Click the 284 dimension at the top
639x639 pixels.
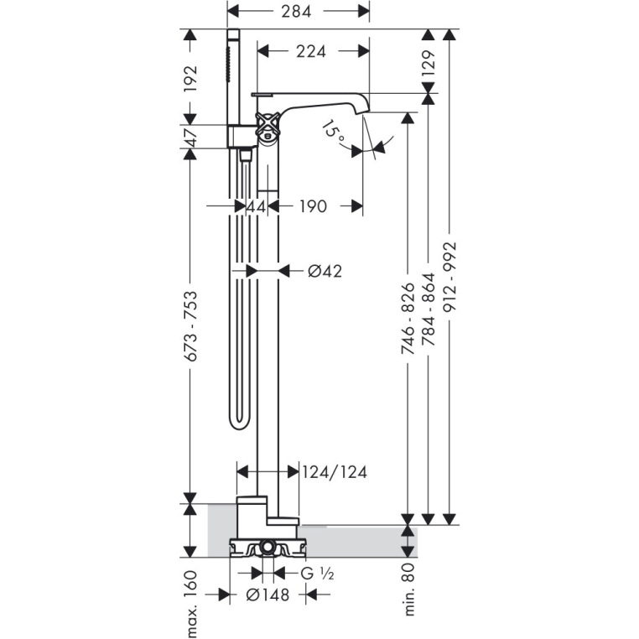pyautogui.click(x=296, y=11)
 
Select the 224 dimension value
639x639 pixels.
pyautogui.click(x=311, y=51)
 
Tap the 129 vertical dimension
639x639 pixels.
pyautogui.click(x=428, y=63)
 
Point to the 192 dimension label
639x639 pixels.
pyautogui.click(x=190, y=79)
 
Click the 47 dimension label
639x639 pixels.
pyautogui.click(x=190, y=137)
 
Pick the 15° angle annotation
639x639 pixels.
pyautogui.click(x=334, y=131)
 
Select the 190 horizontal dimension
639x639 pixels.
pyautogui.click(x=313, y=206)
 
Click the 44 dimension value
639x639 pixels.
pyautogui.click(x=257, y=206)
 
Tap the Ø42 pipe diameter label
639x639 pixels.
pyautogui.click(x=325, y=271)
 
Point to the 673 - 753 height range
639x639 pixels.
pyautogui.click(x=190, y=326)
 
